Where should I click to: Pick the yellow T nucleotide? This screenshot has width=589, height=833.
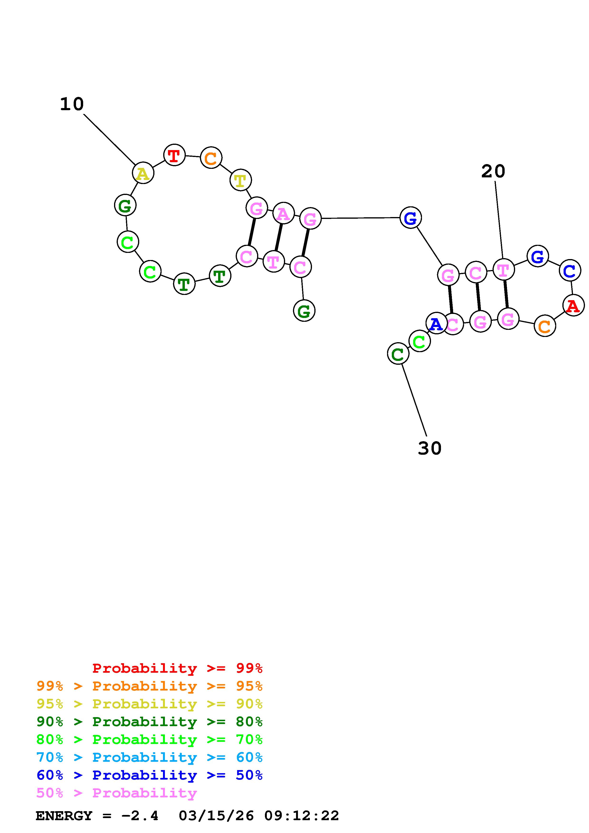[x=241, y=180]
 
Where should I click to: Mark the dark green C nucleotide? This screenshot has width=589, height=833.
[x=398, y=354]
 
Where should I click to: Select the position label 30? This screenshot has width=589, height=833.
[x=429, y=448]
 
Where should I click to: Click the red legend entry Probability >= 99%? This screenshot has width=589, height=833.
[x=177, y=668]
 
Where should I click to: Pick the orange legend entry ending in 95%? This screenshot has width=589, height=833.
[x=149, y=686]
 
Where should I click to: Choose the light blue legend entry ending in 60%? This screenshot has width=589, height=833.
[x=149, y=757]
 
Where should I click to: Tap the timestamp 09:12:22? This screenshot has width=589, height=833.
[x=301, y=816]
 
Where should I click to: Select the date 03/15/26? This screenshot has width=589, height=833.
[x=216, y=816]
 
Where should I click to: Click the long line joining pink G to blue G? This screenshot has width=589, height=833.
[x=360, y=218]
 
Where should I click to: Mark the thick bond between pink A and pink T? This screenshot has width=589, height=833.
[x=278, y=237]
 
